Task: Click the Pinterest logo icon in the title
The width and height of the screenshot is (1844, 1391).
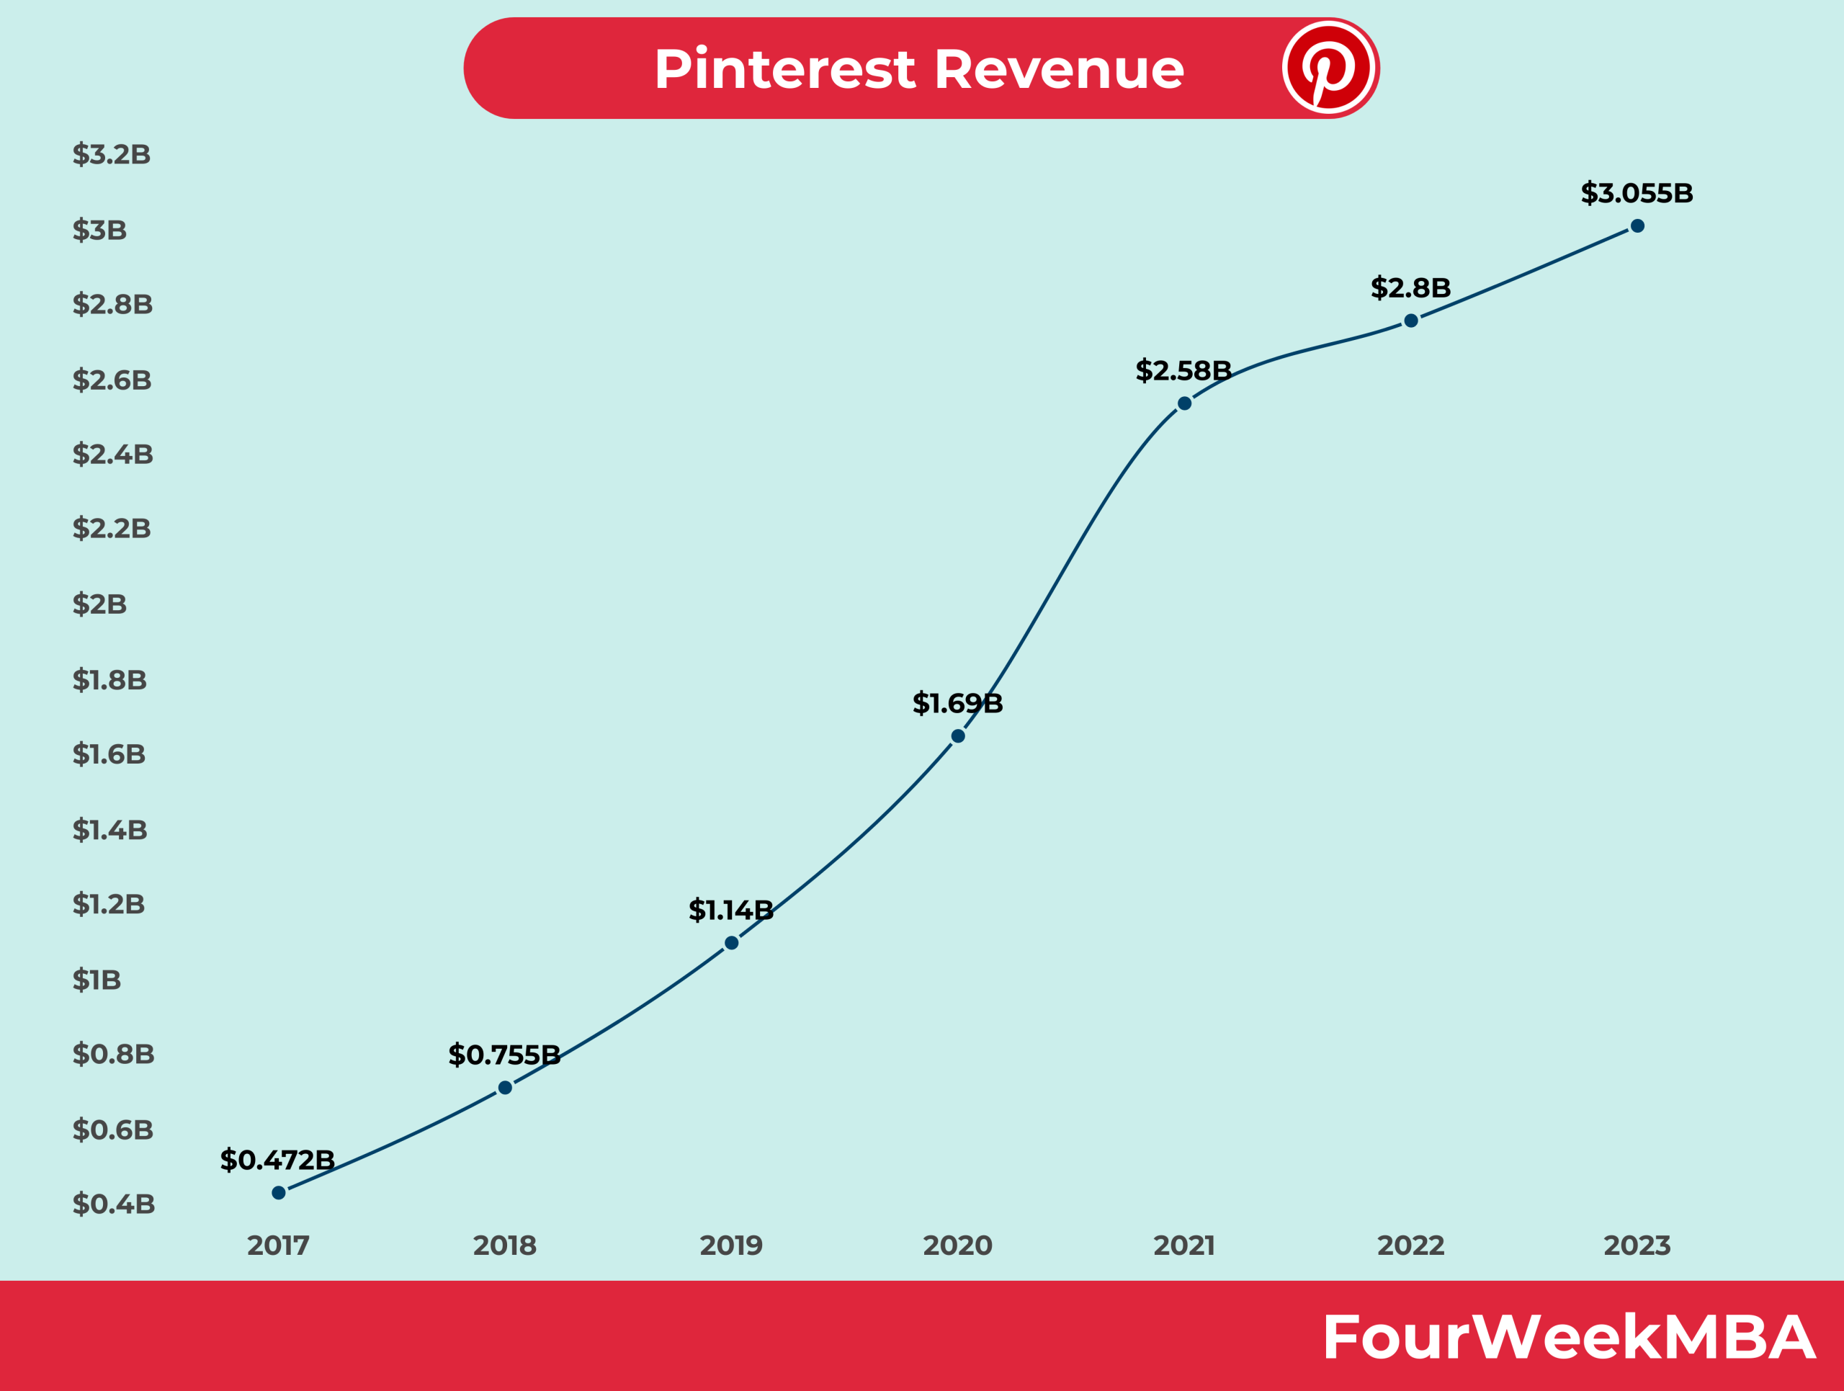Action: tap(1329, 68)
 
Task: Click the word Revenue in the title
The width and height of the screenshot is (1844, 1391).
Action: tap(1059, 69)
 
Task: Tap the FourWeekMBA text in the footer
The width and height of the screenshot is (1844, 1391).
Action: tap(1568, 1338)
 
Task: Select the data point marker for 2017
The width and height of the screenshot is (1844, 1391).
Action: tap(279, 1193)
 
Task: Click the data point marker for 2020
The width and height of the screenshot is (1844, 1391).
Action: tap(958, 736)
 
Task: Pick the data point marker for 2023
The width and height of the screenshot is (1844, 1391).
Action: tap(1637, 226)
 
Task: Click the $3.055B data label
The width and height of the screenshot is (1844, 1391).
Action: tap(1637, 193)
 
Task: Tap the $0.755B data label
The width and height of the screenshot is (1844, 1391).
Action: tap(504, 1055)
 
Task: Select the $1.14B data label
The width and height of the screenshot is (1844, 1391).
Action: tap(731, 910)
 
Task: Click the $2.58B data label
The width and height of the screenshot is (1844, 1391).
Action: tap(1183, 371)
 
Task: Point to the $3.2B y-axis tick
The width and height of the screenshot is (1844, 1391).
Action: tap(112, 154)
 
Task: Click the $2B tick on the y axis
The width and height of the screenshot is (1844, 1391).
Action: tap(99, 604)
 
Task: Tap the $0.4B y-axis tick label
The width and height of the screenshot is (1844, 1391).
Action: tap(113, 1204)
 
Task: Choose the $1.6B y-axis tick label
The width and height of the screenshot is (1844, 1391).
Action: tap(109, 754)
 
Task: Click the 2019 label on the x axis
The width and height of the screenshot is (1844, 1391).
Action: tap(731, 1246)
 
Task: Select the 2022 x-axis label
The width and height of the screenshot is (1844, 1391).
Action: tap(1410, 1246)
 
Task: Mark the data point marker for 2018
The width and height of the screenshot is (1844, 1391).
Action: tap(505, 1088)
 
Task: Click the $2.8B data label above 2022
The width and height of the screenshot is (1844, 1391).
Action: tap(1410, 288)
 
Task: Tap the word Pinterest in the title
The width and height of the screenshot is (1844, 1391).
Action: tap(784, 69)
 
